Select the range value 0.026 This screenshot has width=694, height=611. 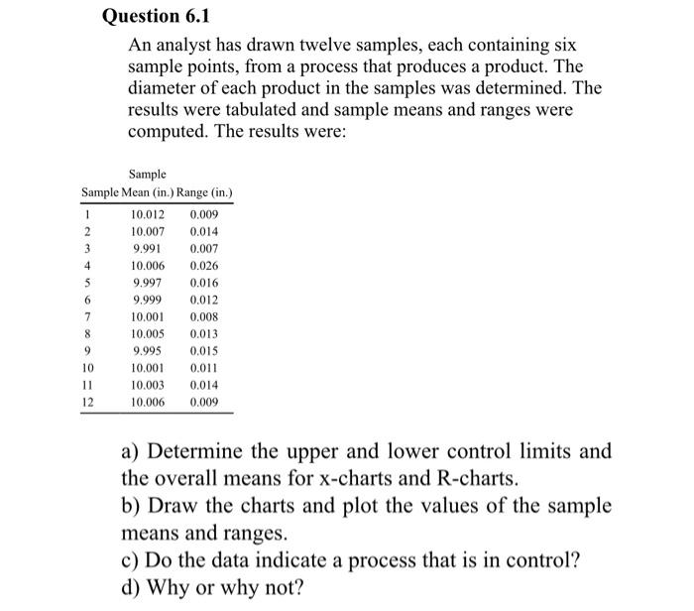click(x=203, y=266)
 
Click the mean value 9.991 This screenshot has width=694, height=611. click(x=148, y=249)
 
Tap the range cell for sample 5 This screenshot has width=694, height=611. click(x=203, y=283)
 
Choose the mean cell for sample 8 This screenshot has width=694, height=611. click(x=148, y=334)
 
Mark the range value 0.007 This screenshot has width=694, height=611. click(x=203, y=249)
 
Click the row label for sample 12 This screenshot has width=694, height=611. click(x=88, y=403)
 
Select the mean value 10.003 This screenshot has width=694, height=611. click(x=148, y=386)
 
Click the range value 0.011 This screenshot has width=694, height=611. click(x=203, y=368)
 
